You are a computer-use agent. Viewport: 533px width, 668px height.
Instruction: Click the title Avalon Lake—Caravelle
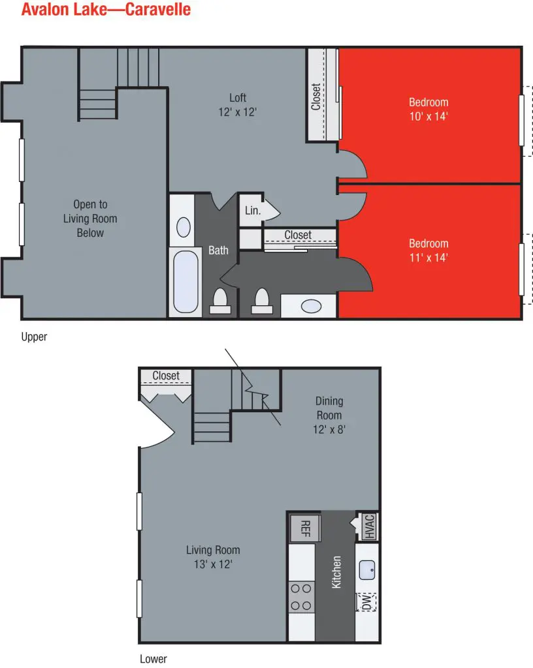[x=106, y=9]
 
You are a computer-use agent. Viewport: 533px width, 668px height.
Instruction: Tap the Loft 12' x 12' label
[x=238, y=105]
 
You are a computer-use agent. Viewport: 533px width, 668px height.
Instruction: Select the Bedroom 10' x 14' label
[x=428, y=109]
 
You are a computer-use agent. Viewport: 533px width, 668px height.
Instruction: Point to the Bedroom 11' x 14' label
[x=428, y=250]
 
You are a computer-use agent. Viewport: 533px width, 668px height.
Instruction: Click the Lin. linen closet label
[x=252, y=211]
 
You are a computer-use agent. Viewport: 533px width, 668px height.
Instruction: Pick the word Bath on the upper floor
[x=218, y=250]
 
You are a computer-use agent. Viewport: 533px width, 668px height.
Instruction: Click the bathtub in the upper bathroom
[x=186, y=282]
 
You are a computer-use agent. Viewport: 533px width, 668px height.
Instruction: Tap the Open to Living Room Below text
[x=90, y=219]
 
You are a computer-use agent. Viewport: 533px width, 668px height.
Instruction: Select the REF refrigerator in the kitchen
[x=305, y=528]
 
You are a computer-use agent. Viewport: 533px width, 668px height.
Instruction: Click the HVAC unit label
[x=369, y=526]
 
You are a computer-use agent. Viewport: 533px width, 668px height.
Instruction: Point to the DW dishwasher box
[x=366, y=602]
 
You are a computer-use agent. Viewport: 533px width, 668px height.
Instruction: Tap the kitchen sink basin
[x=367, y=570]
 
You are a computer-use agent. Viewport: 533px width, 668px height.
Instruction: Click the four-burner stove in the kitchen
[x=302, y=597]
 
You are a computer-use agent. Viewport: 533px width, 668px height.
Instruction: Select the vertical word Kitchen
[x=336, y=572]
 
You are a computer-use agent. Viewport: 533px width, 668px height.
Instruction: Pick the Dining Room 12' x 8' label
[x=329, y=416]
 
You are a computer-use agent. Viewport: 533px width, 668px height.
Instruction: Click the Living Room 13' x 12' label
[x=213, y=557]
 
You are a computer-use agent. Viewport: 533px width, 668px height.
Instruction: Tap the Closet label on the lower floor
[x=166, y=376]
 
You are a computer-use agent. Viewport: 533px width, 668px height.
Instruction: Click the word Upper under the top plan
[x=34, y=337]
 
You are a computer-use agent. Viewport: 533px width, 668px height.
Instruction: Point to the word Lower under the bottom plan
[x=153, y=659]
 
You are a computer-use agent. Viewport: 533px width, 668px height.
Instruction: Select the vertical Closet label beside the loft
[x=316, y=97]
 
